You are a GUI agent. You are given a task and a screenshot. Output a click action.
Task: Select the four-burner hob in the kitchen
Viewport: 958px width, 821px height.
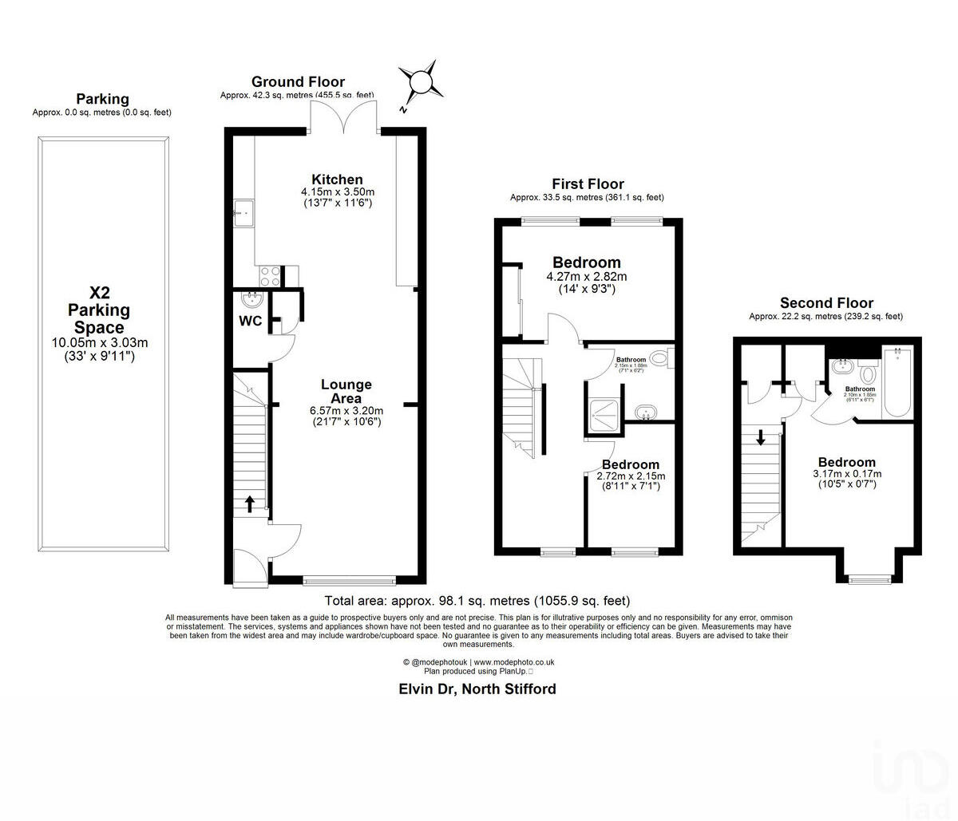[270, 275]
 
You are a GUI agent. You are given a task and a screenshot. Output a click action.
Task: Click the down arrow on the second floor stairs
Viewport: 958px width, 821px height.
[761, 436]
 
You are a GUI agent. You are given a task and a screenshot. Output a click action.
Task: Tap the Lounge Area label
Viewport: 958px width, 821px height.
[346, 391]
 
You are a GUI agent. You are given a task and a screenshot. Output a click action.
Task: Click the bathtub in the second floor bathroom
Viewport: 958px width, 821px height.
[897, 383]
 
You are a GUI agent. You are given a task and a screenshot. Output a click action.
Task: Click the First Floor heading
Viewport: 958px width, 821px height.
[588, 184]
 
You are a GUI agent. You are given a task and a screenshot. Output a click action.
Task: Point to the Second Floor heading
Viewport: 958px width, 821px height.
[826, 303]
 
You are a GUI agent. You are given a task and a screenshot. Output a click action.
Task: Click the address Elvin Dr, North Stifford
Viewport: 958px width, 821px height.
[477, 689]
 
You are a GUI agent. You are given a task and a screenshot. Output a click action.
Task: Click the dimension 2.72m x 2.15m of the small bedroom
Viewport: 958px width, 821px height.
[631, 476]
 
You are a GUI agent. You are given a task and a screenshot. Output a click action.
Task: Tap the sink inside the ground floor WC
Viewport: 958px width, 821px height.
[252, 299]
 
